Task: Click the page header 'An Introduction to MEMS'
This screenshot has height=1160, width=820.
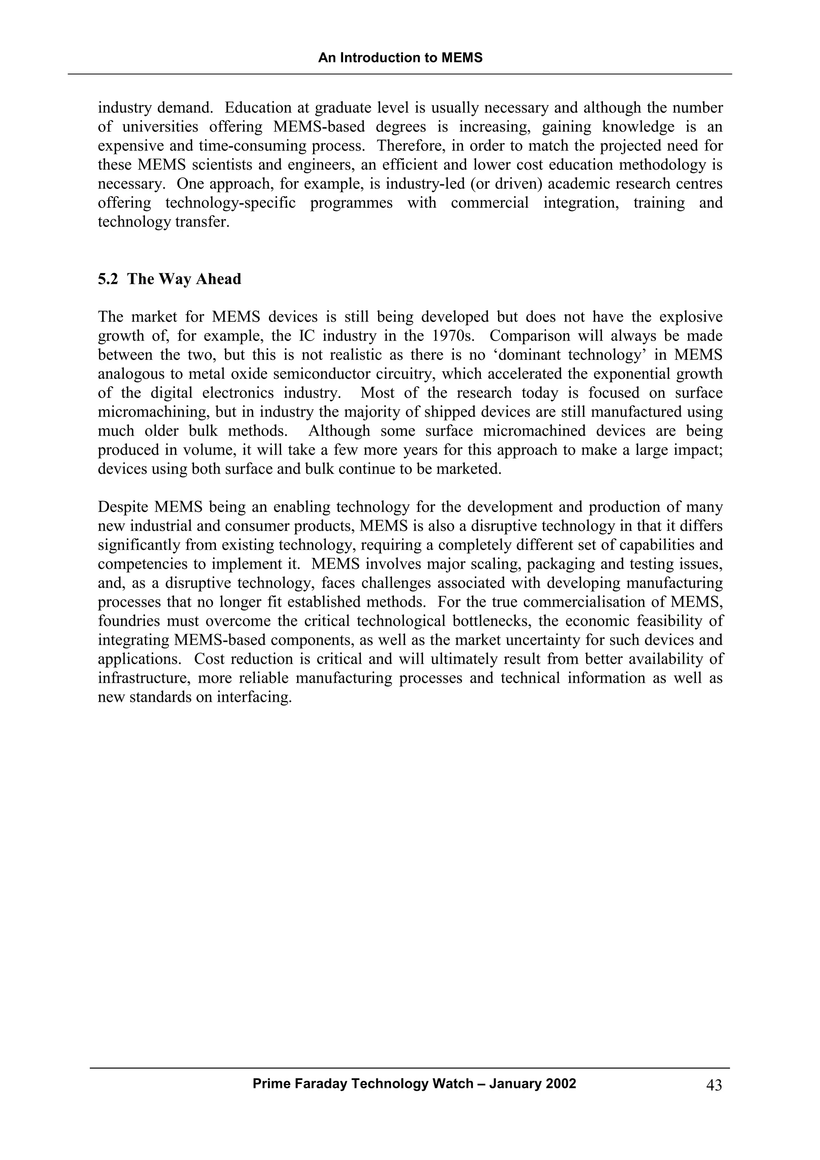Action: tap(400, 58)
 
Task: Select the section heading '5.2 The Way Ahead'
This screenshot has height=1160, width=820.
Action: tap(169, 279)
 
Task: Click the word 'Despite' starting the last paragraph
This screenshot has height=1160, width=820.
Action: tap(123, 507)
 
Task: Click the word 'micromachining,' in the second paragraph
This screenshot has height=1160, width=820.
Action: tap(154, 412)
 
